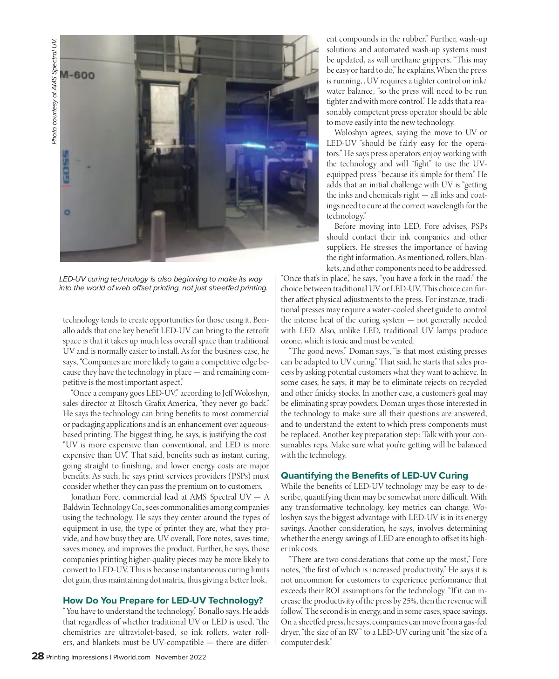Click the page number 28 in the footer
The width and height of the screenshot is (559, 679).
click(38, 657)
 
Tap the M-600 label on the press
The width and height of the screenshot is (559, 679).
click(77, 75)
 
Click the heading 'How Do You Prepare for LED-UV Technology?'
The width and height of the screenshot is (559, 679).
click(163, 600)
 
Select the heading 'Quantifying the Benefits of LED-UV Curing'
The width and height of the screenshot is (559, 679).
click(374, 475)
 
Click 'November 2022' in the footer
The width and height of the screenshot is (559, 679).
click(181, 657)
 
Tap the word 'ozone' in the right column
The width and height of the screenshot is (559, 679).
click(291, 341)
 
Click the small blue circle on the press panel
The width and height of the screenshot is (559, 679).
click(67, 212)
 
